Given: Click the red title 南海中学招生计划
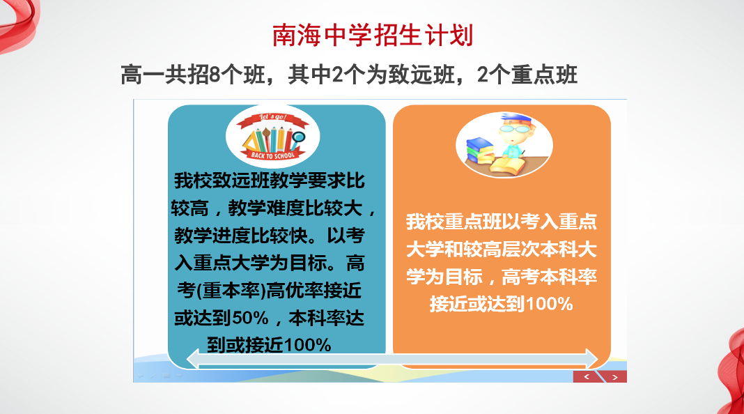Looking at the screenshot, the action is (x=373, y=36).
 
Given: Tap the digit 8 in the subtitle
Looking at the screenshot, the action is (x=215, y=75).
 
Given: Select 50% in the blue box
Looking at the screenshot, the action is (x=251, y=318).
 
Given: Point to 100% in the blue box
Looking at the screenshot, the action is (x=307, y=345).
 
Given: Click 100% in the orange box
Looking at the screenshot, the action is (x=550, y=304).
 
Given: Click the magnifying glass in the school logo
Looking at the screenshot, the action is (x=298, y=139).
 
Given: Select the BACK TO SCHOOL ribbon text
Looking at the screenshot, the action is (x=273, y=155).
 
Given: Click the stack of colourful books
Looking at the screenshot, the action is (x=480, y=150).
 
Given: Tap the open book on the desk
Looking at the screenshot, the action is (x=507, y=166).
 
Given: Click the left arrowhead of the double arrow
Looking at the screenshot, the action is (x=193, y=358).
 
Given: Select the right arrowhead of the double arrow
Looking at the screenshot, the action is (x=591, y=358).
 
